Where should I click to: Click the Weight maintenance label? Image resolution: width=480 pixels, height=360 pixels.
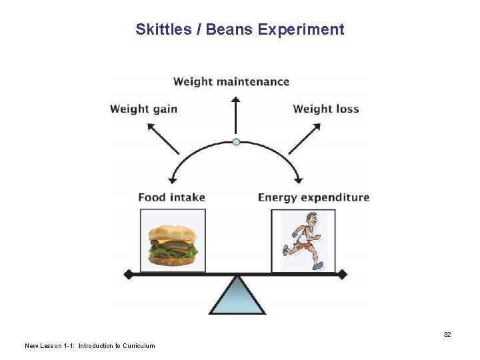click(231, 82)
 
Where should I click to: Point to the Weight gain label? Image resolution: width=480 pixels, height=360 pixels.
click(143, 109)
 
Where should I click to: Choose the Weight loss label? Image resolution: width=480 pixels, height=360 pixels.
click(326, 109)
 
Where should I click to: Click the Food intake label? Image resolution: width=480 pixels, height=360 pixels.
click(171, 197)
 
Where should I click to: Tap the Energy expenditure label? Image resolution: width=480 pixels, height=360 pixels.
click(313, 197)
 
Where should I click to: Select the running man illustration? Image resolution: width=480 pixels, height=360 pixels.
click(303, 241)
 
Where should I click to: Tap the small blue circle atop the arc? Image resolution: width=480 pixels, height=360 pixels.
click(235, 141)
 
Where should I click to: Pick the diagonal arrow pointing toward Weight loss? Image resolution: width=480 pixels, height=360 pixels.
click(305, 138)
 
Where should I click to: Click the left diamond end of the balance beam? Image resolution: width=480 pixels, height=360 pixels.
click(129, 274)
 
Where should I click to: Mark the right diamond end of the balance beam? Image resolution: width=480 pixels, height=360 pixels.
click(343, 274)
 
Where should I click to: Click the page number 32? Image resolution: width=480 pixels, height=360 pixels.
click(447, 334)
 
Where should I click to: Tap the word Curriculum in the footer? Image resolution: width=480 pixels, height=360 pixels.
click(139, 345)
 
